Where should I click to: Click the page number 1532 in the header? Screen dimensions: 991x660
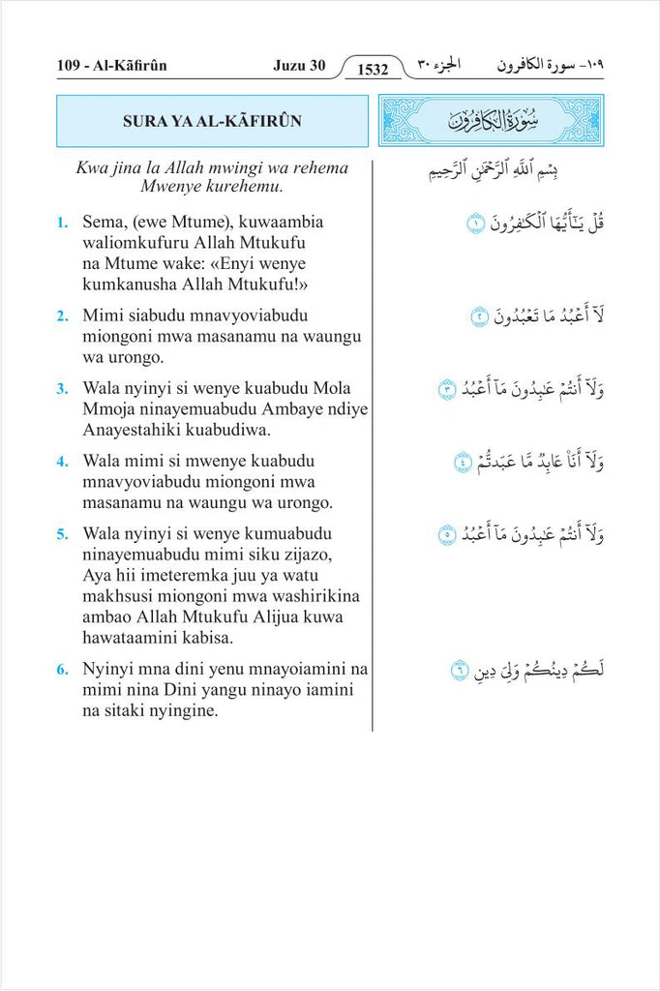coord(373,69)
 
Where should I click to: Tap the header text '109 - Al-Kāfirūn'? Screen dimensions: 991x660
coord(112,66)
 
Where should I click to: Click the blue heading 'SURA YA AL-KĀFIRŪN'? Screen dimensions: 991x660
coord(212,121)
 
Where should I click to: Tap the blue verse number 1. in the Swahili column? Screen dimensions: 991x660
coord(62,223)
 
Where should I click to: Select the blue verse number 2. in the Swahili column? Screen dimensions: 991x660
coord(62,315)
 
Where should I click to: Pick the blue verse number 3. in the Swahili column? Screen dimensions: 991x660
coord(62,389)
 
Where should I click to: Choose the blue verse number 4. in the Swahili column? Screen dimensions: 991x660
coord(62,462)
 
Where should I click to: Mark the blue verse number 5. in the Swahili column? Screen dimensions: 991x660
coord(62,534)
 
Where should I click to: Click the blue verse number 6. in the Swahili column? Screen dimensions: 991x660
coord(62,670)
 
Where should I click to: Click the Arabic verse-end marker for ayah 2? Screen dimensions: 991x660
coord(479,316)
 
